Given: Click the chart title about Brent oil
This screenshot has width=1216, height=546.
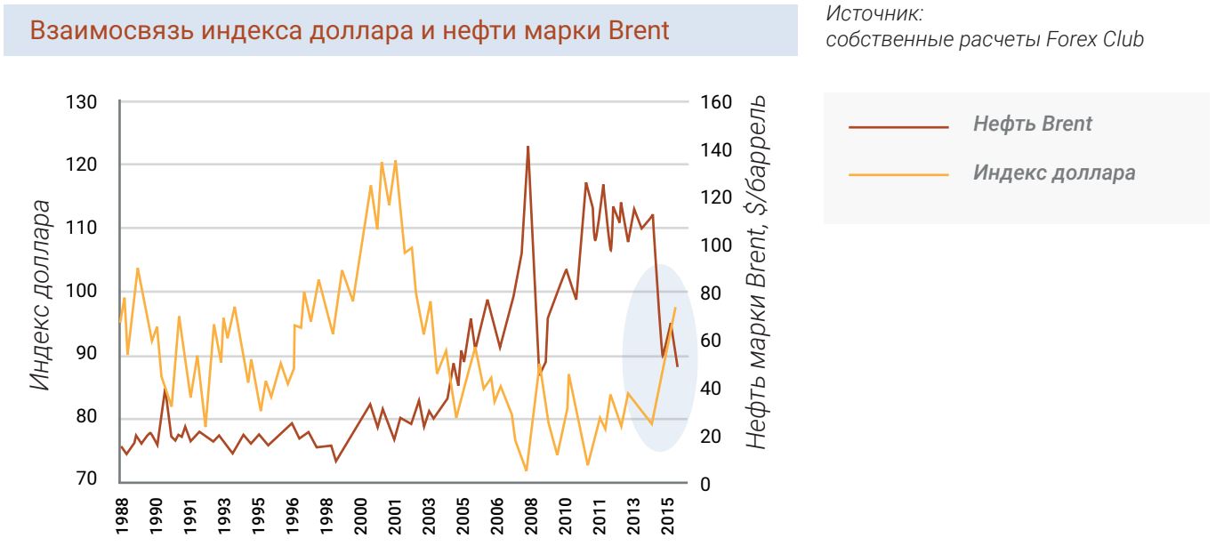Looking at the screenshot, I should (x=350, y=30).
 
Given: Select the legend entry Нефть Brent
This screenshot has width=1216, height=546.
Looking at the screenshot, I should (x=1033, y=125).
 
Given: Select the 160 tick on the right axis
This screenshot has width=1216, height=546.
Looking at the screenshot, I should (x=718, y=102).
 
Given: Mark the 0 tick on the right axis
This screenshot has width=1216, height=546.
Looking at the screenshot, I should (x=706, y=486).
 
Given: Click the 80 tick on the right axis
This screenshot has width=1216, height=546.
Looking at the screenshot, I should (x=713, y=293).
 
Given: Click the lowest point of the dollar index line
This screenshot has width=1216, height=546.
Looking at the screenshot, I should (x=526, y=470).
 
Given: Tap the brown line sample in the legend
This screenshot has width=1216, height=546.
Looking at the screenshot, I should (x=899, y=126).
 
